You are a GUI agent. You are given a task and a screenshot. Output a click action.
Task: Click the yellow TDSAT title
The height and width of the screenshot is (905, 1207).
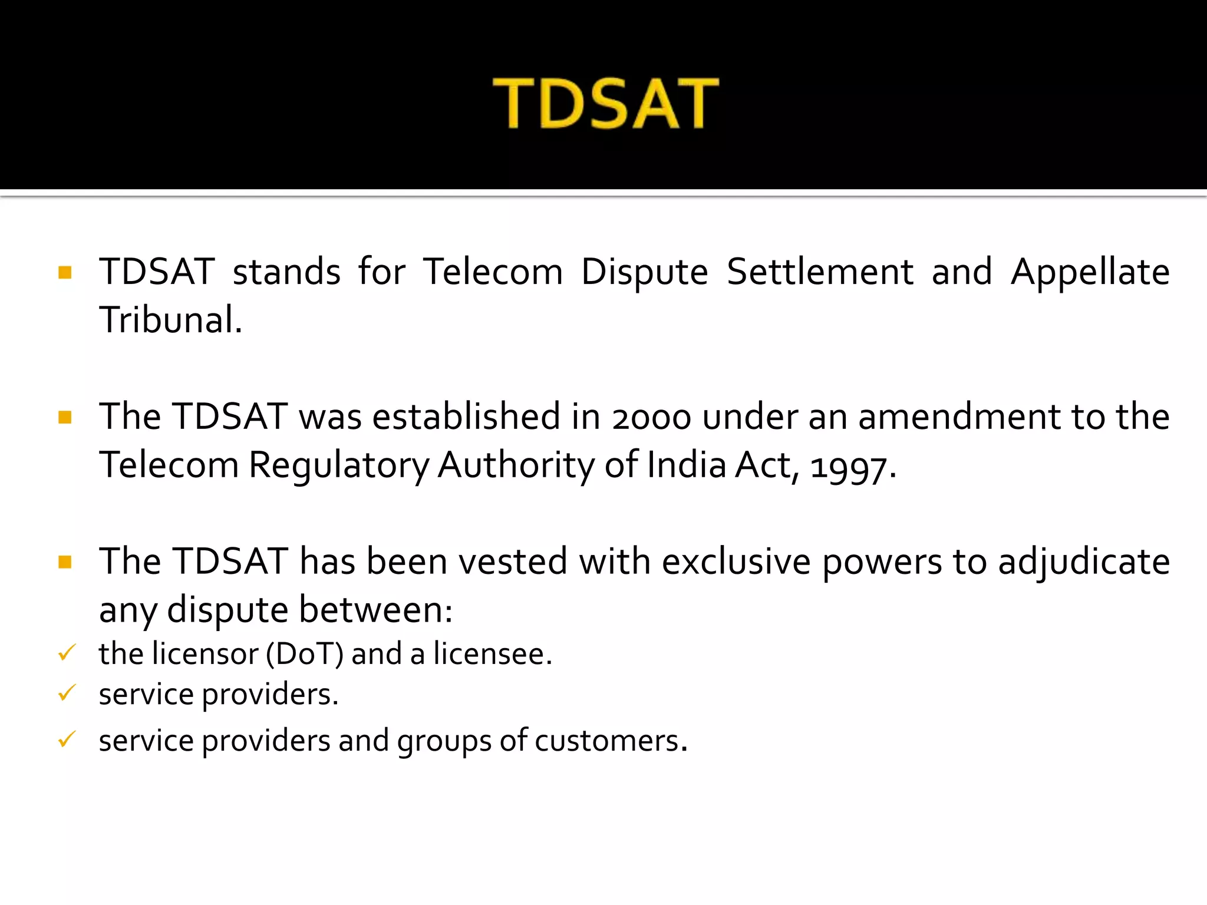[x=606, y=104]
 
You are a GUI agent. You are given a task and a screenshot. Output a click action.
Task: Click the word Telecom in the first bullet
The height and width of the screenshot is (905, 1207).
[x=493, y=272]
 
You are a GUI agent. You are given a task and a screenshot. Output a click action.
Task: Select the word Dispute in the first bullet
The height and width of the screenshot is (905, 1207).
[x=644, y=272]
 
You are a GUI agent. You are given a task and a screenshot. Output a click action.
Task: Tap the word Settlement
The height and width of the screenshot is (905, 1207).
[x=820, y=272]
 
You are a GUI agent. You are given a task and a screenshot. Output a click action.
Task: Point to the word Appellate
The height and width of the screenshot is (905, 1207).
[x=1090, y=272]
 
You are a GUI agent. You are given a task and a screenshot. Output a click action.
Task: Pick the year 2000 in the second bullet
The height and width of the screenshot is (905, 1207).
[x=651, y=417]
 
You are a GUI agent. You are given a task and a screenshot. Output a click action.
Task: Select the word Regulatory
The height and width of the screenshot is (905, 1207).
[x=339, y=465]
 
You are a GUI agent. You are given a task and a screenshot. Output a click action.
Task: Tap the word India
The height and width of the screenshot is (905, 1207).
[x=687, y=465]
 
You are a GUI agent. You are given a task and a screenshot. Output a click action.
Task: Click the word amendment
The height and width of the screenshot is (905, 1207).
[x=960, y=417]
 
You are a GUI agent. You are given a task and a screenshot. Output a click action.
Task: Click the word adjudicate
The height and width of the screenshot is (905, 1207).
[x=1084, y=562]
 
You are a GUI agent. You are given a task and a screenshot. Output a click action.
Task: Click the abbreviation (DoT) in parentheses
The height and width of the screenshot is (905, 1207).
[x=304, y=654]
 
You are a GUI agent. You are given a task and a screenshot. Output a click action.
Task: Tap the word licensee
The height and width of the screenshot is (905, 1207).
[x=492, y=654]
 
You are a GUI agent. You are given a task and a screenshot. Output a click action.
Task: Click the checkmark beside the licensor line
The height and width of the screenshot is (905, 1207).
[x=67, y=653]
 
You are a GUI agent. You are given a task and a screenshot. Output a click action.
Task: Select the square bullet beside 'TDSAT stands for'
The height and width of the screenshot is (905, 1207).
[x=65, y=272]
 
